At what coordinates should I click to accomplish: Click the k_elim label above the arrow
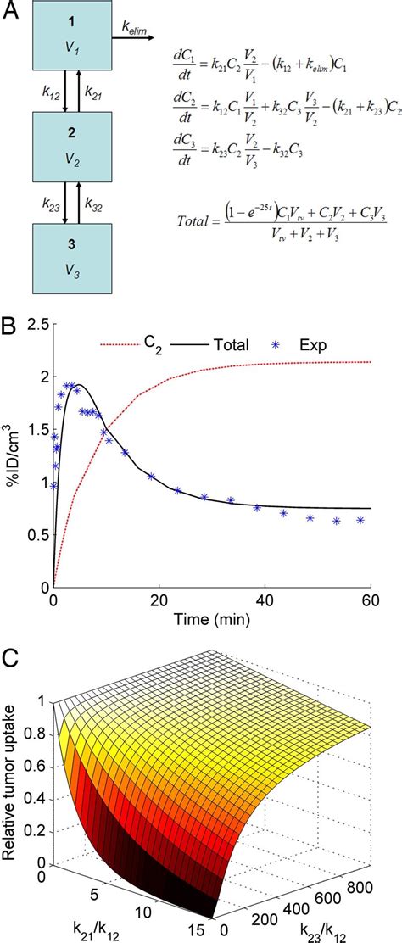(137, 31)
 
